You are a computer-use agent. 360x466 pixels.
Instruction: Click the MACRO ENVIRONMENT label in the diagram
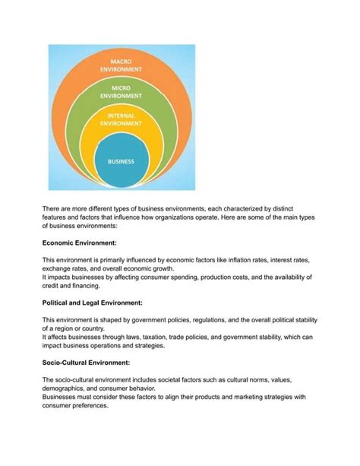[122, 65]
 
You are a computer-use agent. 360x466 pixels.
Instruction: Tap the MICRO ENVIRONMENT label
[122, 92]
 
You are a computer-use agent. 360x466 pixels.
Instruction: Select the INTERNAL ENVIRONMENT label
[122, 119]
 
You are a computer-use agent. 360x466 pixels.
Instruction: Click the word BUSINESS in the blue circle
[121, 161]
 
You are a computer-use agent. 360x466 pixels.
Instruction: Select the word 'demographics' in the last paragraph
[66, 388]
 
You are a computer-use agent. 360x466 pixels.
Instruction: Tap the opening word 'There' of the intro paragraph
[52, 207]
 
